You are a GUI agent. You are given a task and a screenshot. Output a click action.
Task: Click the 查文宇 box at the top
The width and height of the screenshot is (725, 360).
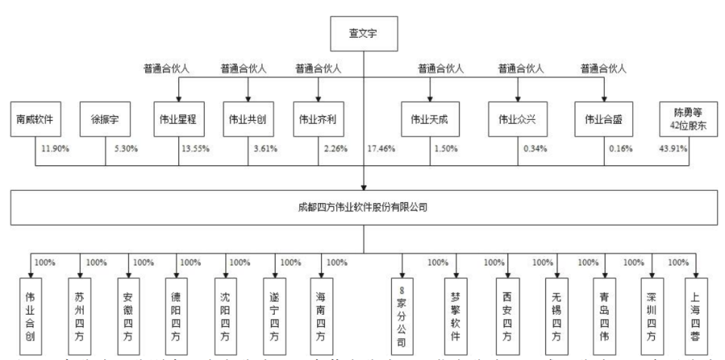pos(363,32)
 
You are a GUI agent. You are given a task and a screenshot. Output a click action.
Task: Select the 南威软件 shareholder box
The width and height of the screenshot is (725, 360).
pos(37,118)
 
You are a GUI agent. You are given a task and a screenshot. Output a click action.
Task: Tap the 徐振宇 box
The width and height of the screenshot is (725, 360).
pos(104,118)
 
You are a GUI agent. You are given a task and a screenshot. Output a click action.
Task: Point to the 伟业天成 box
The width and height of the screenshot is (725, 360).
pos(429,118)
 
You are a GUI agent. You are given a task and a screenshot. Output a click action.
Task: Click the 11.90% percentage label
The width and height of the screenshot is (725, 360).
pos(56,148)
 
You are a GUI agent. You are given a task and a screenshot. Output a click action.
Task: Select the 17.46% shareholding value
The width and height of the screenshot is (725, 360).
pos(384,148)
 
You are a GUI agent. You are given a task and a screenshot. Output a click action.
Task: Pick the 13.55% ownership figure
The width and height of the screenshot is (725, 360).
pos(196,148)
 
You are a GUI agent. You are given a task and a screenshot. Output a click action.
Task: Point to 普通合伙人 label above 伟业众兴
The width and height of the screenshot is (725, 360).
pos(519,69)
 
